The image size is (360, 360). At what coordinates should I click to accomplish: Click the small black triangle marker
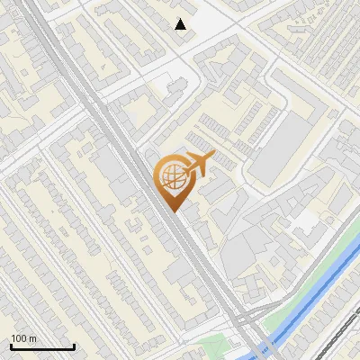coord(181,24)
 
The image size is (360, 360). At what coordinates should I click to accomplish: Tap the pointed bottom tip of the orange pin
coord(171,211)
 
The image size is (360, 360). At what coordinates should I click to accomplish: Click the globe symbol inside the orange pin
coord(170,177)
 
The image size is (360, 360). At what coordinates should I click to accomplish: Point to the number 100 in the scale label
coord(19,338)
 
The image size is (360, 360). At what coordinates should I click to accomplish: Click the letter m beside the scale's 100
coord(32,338)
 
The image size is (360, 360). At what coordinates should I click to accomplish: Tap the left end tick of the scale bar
coord(11,346)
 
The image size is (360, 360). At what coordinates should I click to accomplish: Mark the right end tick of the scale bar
coord(74,346)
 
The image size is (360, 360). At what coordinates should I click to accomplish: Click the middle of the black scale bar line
coord(42,347)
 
